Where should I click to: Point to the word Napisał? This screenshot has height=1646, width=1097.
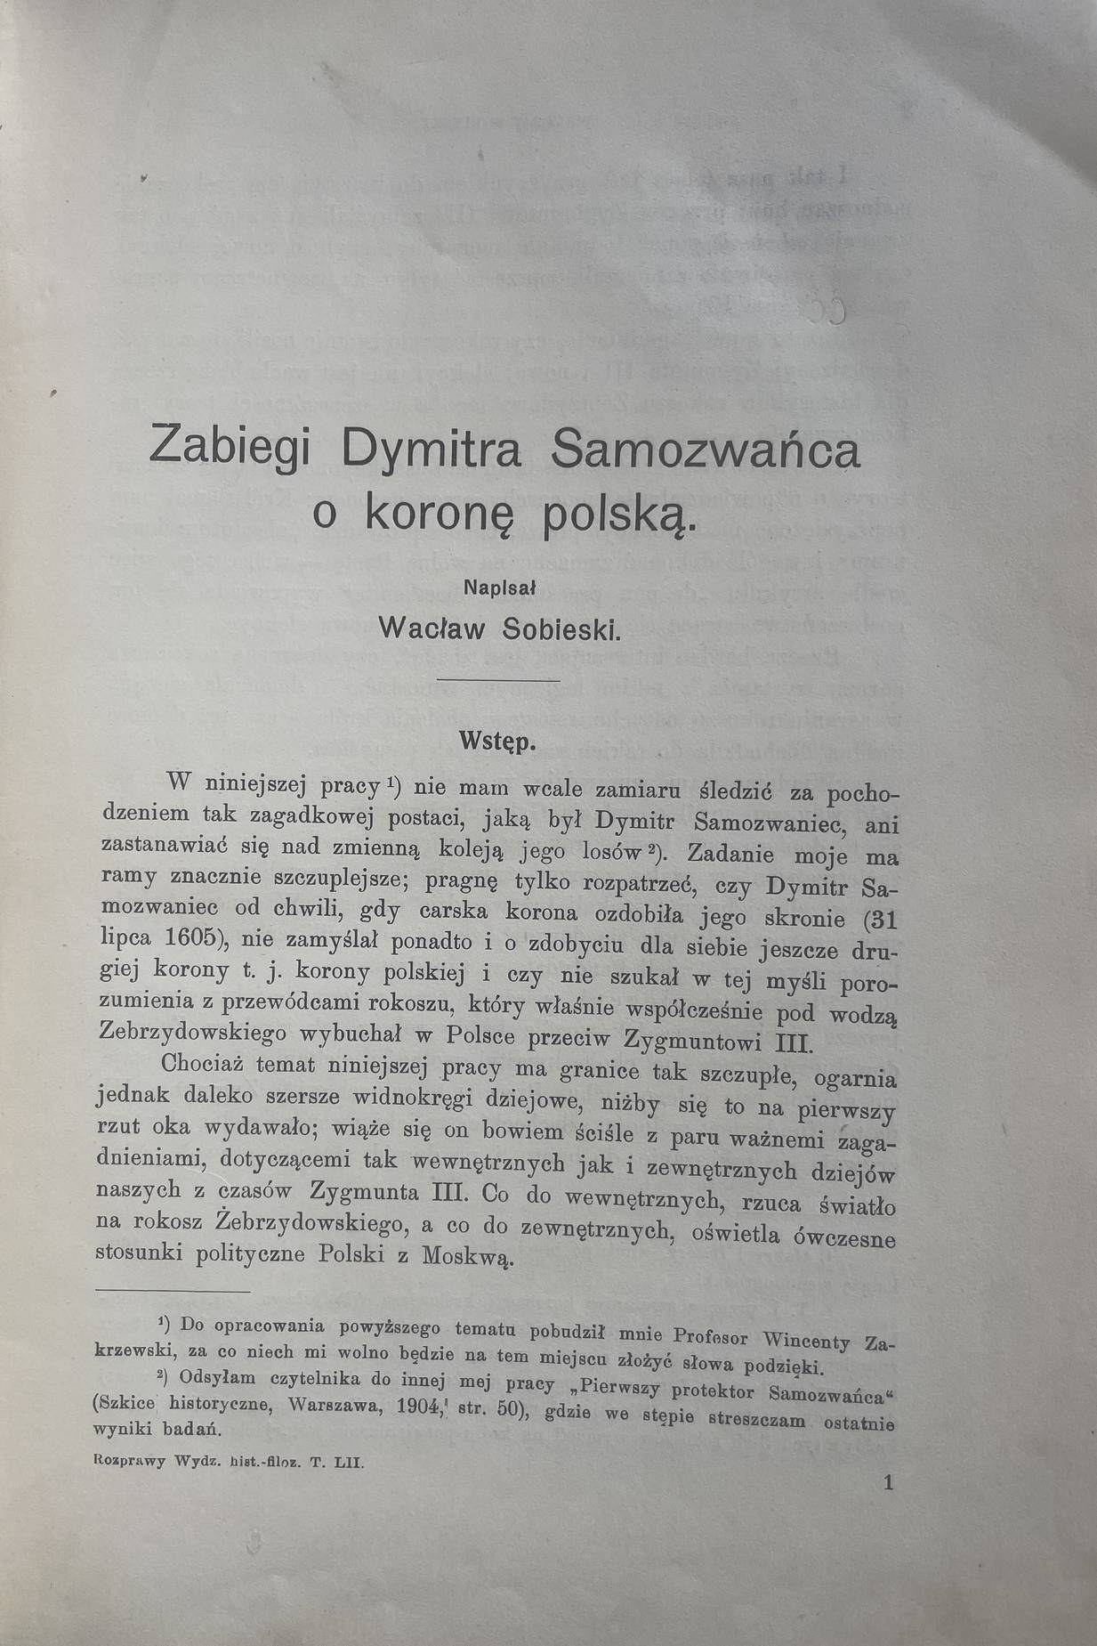(504, 587)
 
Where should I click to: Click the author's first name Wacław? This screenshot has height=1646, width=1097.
(432, 627)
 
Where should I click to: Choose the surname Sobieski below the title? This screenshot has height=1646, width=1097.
(561, 628)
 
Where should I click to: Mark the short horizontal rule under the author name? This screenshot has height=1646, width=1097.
(512, 681)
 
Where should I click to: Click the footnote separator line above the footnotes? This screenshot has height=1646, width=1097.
(173, 1291)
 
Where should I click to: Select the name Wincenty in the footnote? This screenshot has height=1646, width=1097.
(807, 1340)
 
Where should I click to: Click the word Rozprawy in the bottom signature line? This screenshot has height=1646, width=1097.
(129, 1462)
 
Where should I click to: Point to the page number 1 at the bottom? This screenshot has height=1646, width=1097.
(887, 1482)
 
